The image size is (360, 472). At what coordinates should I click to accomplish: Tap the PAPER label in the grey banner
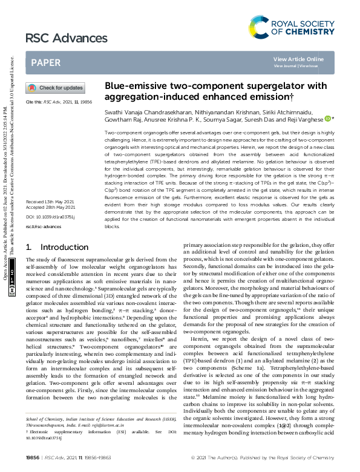[x=45, y=62]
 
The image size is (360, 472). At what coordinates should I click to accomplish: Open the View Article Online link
[x=298, y=59]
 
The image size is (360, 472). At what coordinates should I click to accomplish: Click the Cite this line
[x=59, y=103]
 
